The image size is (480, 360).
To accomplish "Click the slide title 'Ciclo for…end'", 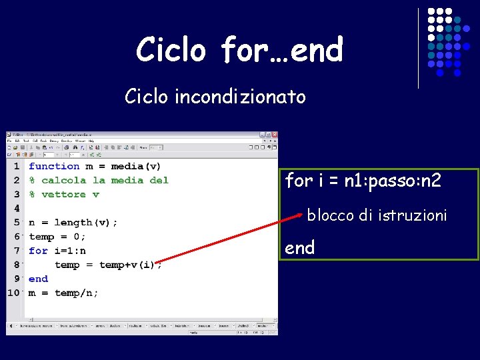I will (239, 50).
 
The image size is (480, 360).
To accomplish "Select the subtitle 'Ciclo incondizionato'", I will (215, 97).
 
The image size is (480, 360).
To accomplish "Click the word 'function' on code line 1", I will (54, 166).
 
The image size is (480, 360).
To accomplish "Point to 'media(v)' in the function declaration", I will (135, 166).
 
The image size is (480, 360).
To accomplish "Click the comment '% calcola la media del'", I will (98, 180).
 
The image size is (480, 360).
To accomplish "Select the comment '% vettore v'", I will (63, 194).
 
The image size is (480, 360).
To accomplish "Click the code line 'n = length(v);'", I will (73, 223).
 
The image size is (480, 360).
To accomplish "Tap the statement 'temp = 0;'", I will (57, 237).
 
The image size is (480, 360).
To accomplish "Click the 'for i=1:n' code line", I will (57, 251).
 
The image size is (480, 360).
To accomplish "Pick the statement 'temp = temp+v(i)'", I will (107, 265).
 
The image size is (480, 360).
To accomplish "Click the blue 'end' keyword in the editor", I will (38, 279).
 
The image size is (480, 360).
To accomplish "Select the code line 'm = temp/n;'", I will (63, 293).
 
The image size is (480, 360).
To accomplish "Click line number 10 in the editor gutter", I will (14, 293).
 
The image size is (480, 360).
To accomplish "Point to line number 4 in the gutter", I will (17, 209).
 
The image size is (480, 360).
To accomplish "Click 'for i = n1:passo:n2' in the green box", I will (363, 181).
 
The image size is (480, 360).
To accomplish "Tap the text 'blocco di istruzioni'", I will (377, 215).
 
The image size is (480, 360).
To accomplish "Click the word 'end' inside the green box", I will (299, 248).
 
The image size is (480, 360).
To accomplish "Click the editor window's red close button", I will (273, 135).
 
